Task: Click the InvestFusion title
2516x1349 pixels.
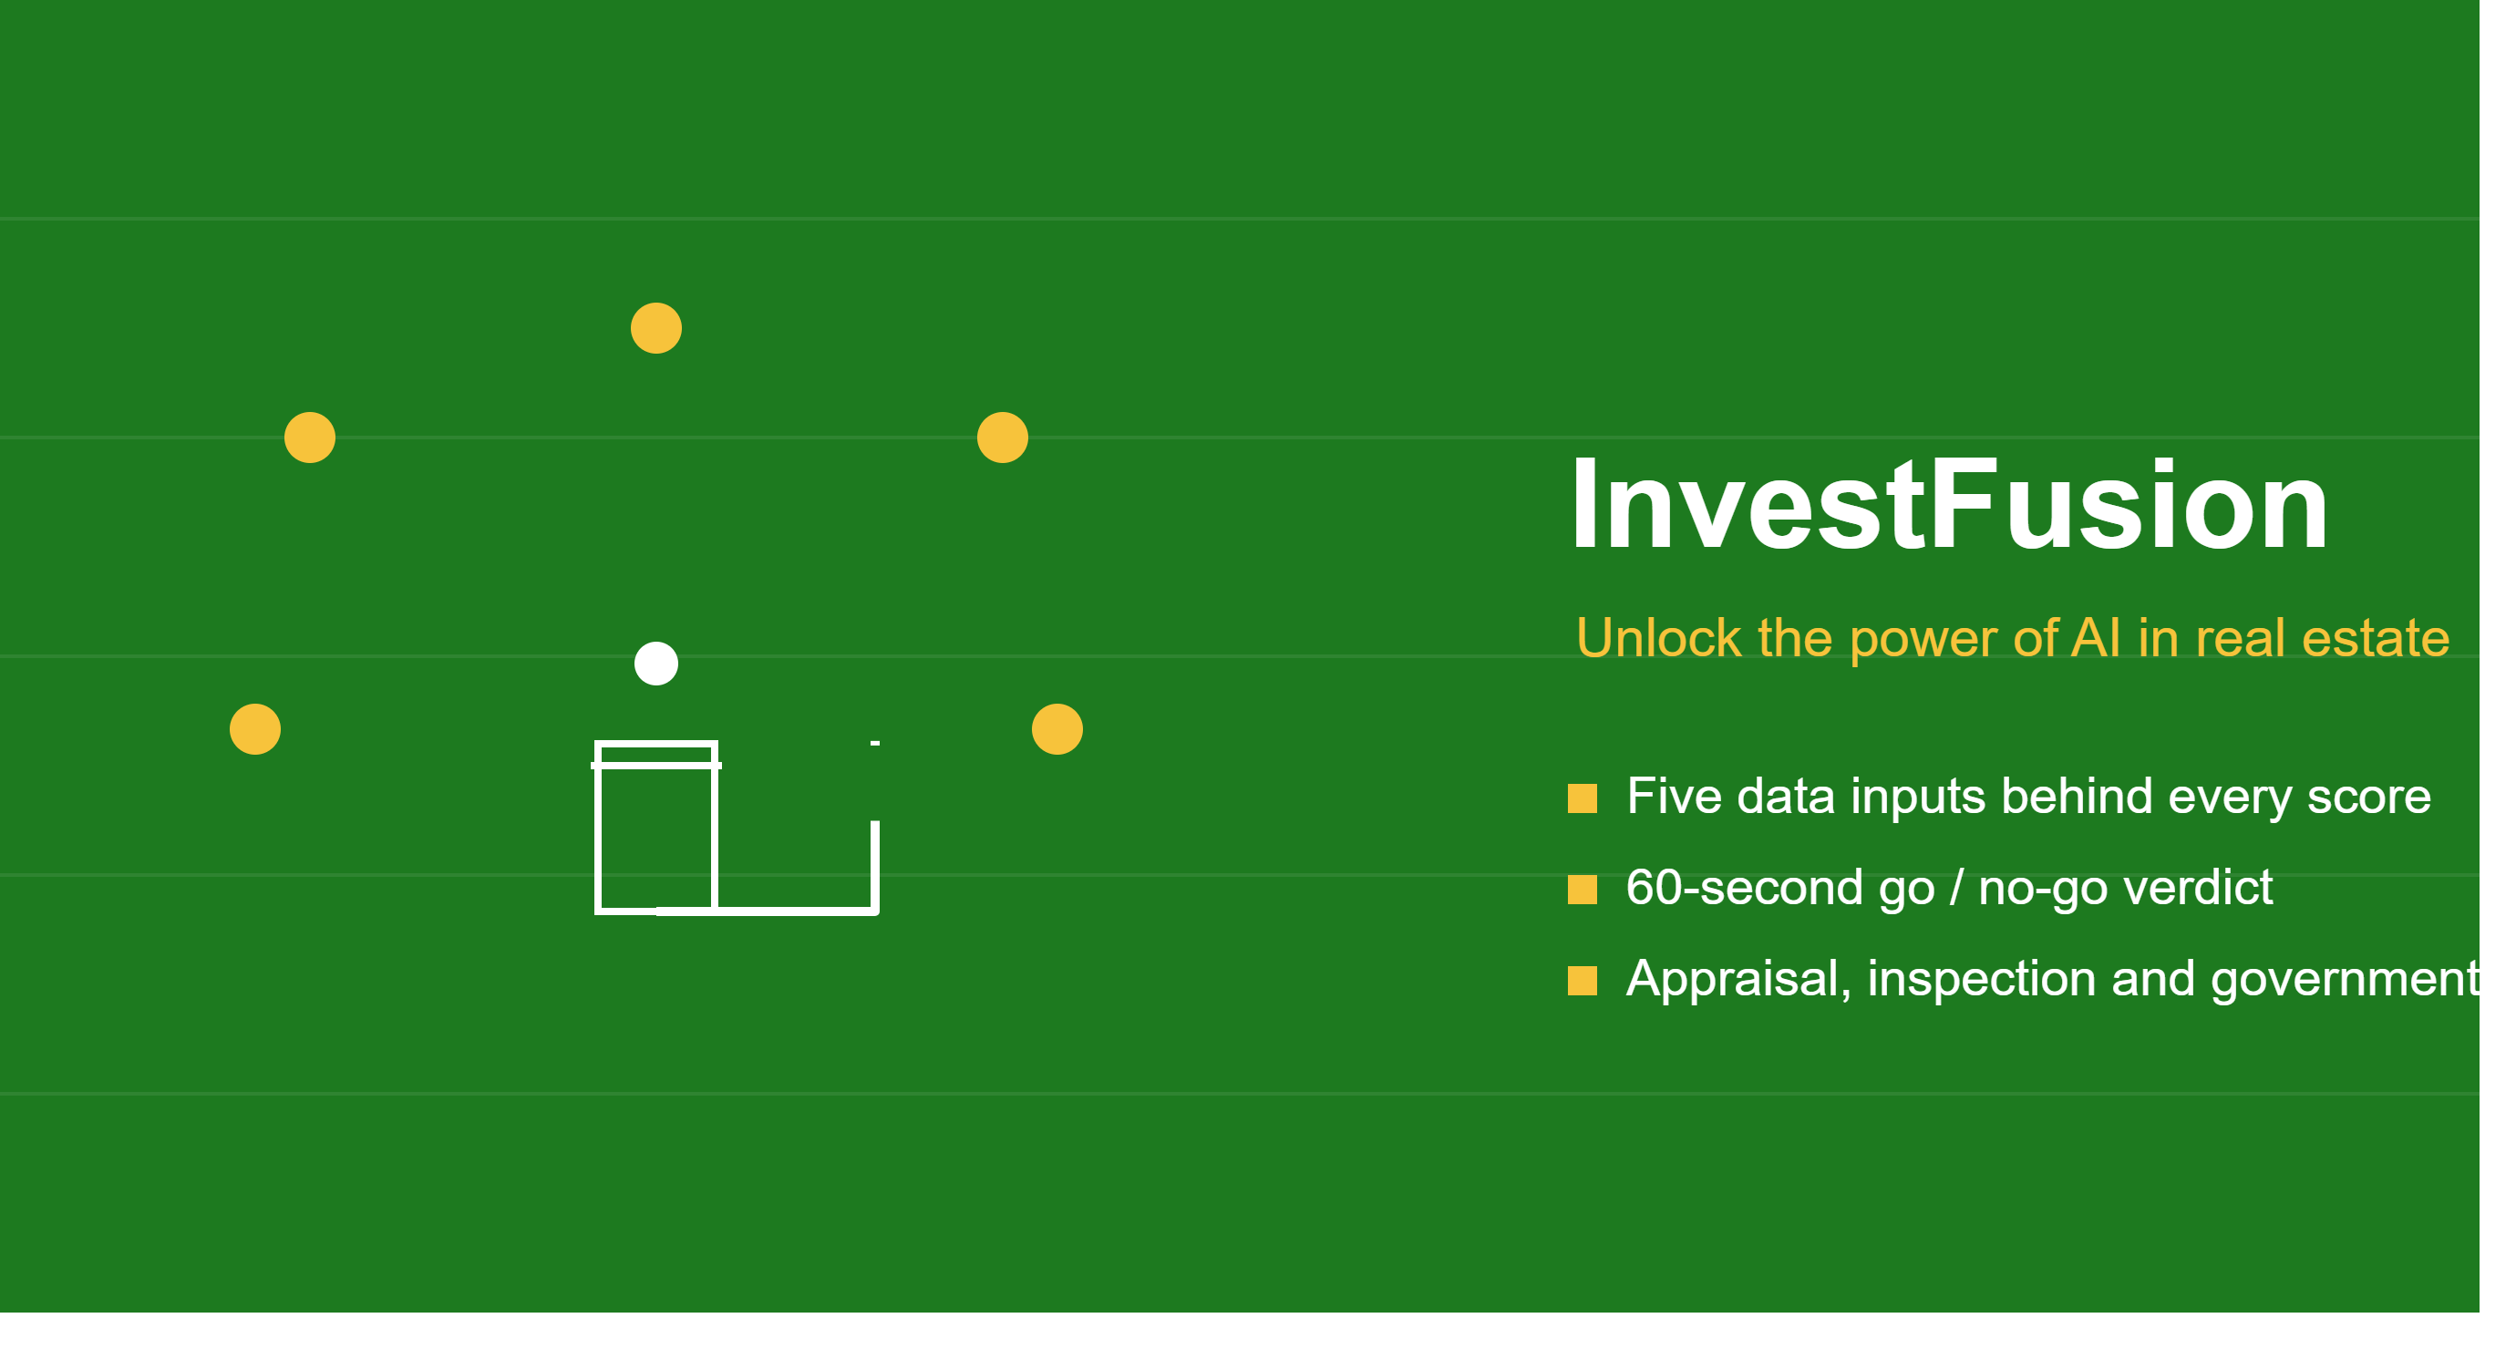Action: coord(1950,505)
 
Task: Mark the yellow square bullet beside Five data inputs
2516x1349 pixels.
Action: coord(1583,798)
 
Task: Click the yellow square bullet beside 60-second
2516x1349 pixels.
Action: coord(1583,890)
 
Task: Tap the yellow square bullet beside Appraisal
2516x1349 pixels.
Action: coord(1583,981)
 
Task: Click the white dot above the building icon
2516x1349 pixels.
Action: coord(656,664)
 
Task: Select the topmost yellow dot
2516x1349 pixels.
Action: coord(656,328)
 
